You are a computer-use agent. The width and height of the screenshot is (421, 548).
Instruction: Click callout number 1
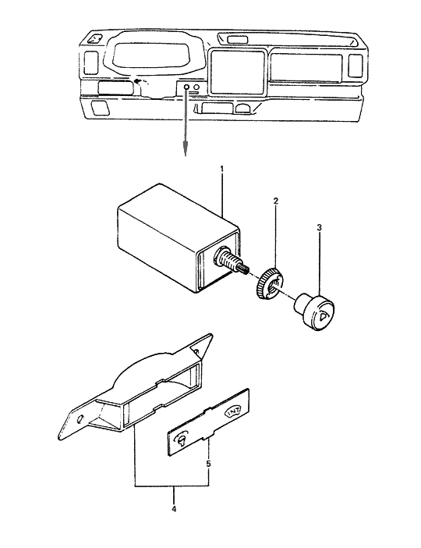tap(222, 169)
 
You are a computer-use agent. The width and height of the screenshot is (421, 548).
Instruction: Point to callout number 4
tap(174, 509)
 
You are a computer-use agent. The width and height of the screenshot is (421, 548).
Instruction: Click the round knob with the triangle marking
tap(319, 313)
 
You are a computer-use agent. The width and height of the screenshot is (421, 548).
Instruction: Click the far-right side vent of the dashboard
tap(356, 65)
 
